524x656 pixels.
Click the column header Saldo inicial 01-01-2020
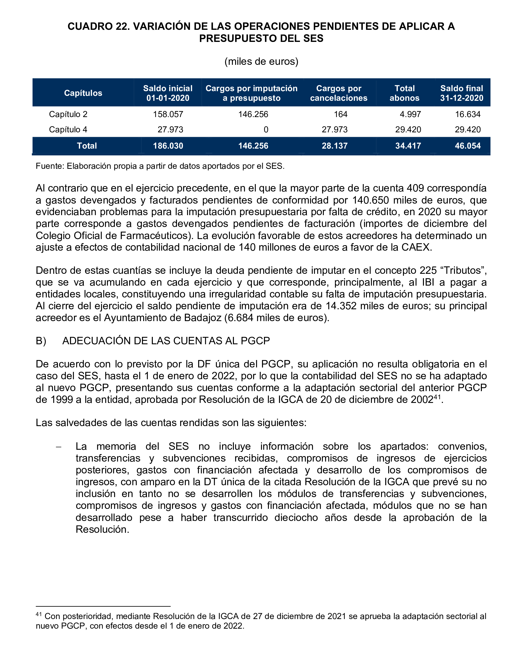[x=168, y=93]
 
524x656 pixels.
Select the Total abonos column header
[x=404, y=93]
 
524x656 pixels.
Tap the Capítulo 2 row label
[x=68, y=114]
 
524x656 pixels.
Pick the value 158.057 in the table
[x=168, y=114]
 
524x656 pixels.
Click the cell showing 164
[x=341, y=114]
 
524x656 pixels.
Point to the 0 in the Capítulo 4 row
[x=266, y=130]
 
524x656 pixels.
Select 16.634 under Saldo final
[x=468, y=114]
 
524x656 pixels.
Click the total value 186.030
[x=168, y=146]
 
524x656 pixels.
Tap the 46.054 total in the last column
[x=468, y=146]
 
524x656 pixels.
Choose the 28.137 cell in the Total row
[x=334, y=146]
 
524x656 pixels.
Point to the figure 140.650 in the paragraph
[x=371, y=200]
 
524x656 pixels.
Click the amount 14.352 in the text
[x=341, y=306]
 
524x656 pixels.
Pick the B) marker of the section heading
[x=41, y=341]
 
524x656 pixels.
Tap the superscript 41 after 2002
[x=437, y=397]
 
